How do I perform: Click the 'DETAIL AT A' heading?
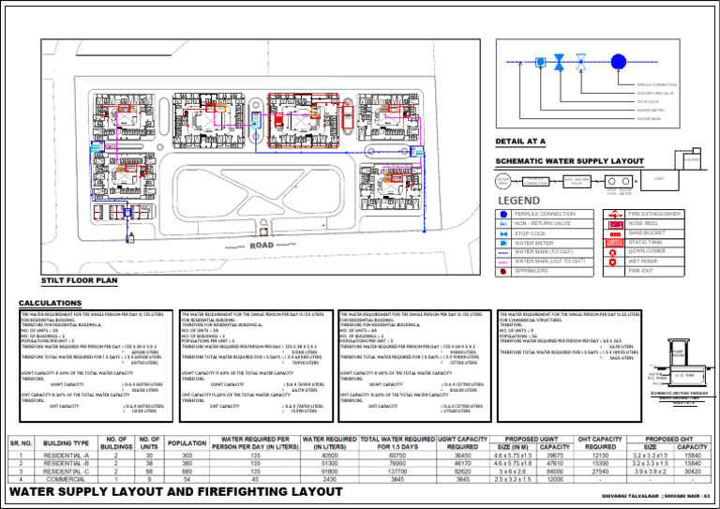pos(521,142)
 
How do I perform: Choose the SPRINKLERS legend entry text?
pos(533,271)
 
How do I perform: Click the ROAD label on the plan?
pos(262,247)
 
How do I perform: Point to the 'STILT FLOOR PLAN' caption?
pos(81,279)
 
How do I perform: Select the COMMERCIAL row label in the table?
pos(73,479)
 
